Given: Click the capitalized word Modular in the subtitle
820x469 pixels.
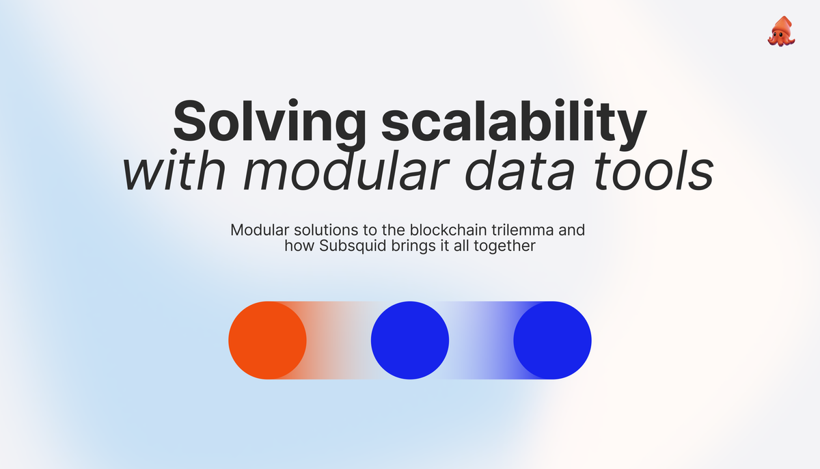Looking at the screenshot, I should pyautogui.click(x=256, y=230).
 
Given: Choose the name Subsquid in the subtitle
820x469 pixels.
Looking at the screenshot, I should pyautogui.click(x=346, y=246).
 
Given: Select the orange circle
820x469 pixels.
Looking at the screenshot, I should pyautogui.click(x=267, y=340).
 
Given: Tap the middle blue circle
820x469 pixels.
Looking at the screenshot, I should pyautogui.click(x=409, y=340).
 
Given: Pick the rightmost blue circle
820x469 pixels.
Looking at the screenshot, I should pyautogui.click(x=552, y=340).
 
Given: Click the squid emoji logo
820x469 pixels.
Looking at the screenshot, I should pyautogui.click(x=780, y=31).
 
